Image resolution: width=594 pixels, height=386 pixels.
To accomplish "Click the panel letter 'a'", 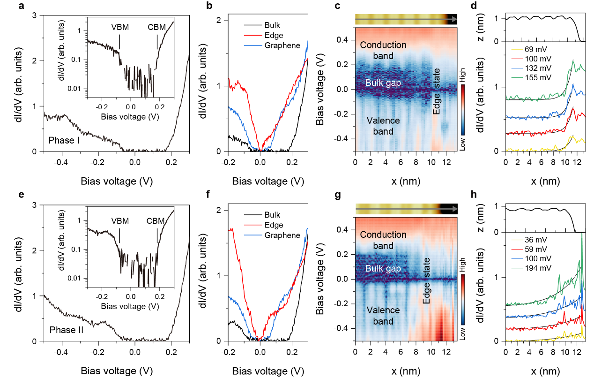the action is coord(21,6).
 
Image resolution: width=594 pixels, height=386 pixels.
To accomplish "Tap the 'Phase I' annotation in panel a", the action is coord(64,140).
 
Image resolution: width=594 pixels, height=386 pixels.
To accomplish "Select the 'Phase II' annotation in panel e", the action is coord(67,330).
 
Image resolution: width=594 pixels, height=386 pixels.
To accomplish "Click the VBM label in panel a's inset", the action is coord(120,27).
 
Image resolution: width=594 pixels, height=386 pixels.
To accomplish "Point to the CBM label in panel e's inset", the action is coord(156,221).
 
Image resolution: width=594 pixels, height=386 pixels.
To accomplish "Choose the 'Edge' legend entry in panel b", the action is coord(274,35).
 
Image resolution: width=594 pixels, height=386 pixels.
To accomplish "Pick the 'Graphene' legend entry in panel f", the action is coord(282,235).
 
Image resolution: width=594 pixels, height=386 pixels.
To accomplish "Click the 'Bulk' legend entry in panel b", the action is coord(272,25).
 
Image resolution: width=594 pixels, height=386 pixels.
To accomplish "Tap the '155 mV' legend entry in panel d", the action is coord(538,77).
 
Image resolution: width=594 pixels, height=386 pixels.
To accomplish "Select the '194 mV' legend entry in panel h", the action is coord(538,268).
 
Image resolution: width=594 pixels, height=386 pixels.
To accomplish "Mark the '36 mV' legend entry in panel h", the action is coord(535,240).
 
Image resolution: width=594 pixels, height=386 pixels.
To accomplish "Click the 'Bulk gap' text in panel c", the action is coord(383,83).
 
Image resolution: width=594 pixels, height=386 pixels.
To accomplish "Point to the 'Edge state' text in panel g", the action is coord(426,280).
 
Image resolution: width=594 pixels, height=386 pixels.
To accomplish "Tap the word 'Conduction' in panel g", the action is coord(383,235).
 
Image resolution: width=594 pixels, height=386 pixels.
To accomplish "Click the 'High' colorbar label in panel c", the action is coord(462,75).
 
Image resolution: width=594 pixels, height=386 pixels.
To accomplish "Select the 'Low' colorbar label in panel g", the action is coord(462,333).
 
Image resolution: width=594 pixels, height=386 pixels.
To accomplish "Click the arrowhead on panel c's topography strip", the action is coord(454,19).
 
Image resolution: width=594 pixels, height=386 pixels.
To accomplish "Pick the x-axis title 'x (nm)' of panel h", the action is coord(545,371).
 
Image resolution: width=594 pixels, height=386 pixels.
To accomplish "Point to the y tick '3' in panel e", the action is coord(35,205).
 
